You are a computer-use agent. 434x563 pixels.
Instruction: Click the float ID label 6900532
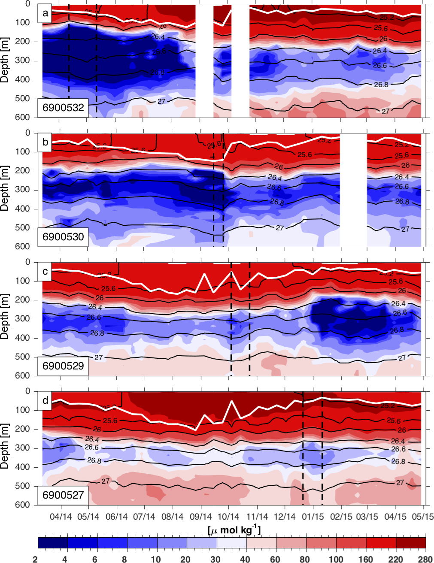click(x=63, y=108)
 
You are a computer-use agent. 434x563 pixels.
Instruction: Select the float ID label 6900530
click(x=63, y=237)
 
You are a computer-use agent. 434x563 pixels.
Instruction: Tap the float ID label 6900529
click(x=63, y=366)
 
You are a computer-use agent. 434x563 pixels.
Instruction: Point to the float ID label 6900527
click(x=63, y=495)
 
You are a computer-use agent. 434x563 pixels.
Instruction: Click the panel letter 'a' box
click(x=46, y=13)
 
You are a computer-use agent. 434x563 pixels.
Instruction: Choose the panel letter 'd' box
click(x=46, y=401)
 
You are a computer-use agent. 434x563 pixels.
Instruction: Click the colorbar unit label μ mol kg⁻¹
click(x=234, y=530)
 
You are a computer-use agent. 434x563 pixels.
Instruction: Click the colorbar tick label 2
click(x=35, y=559)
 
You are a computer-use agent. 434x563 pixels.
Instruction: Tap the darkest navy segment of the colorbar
click(x=53, y=543)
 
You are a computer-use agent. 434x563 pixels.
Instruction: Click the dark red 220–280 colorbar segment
click(x=411, y=543)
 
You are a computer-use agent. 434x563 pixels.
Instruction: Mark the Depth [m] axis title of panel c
click(x=5, y=319)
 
